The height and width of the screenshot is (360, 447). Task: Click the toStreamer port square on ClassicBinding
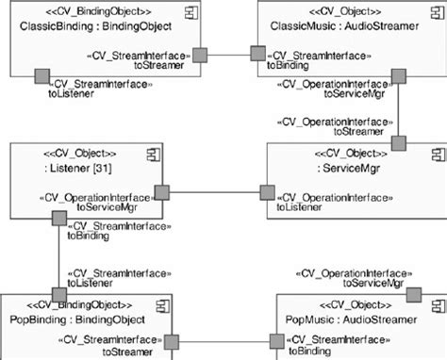[199, 56]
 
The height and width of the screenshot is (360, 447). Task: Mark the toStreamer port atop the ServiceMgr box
[398, 143]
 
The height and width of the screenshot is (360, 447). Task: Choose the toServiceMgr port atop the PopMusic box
[412, 295]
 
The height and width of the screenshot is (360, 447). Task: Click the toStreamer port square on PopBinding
[174, 340]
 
